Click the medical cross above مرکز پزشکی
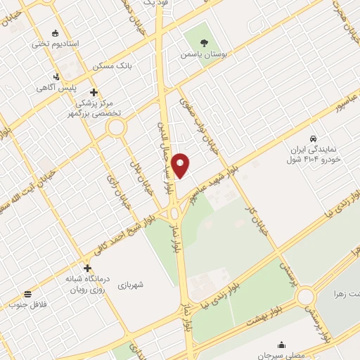pos(94,92)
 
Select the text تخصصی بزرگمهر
pos(94,112)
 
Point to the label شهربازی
pos(131,285)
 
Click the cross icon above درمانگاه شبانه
pos(87,268)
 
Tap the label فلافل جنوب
pos(27,304)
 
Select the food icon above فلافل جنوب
pos(27,293)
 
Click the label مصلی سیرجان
pos(281,356)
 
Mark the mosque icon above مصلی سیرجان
pos(281,345)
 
